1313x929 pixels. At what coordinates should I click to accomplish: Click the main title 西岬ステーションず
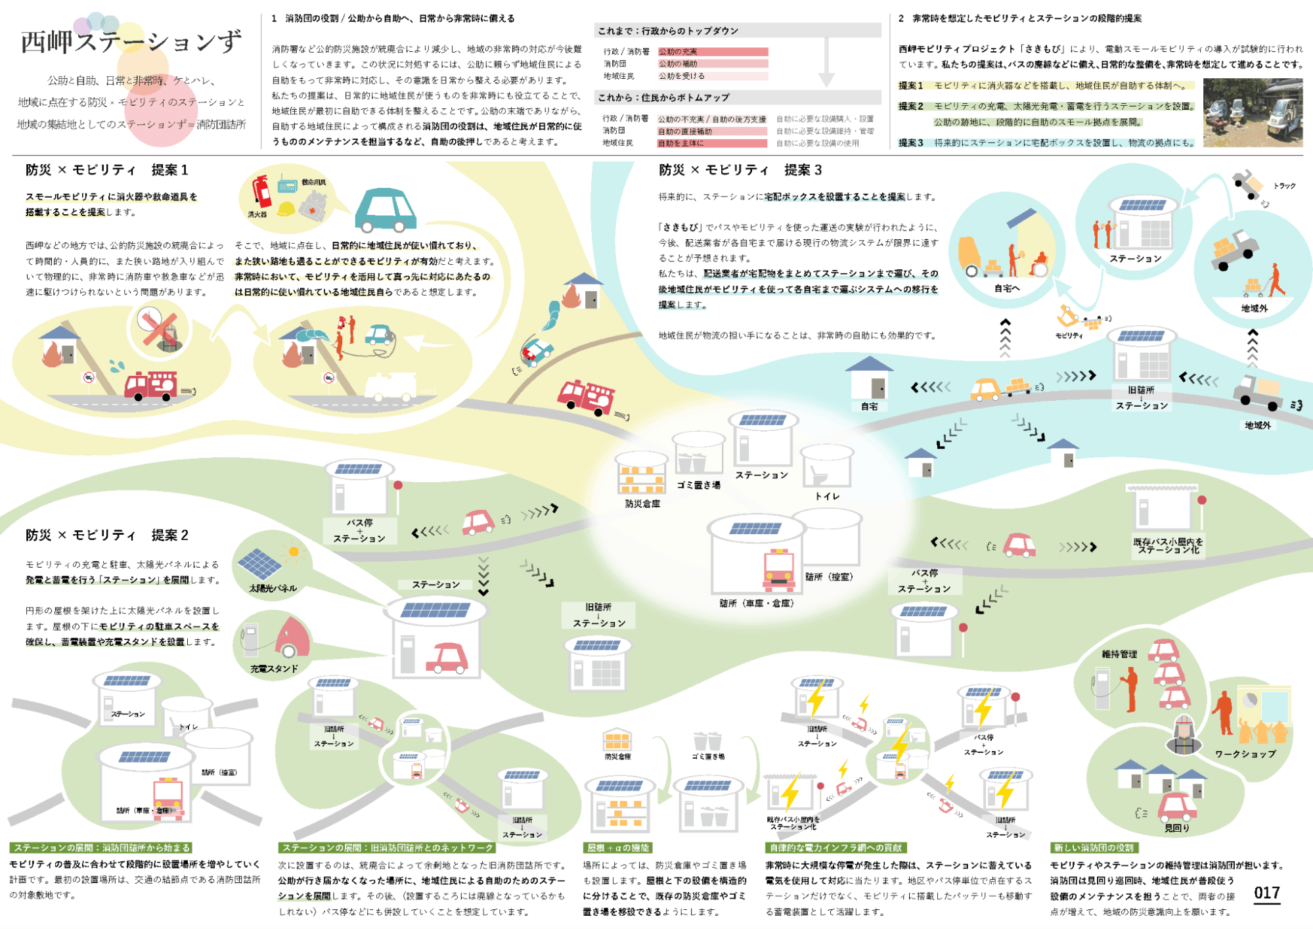point(131,42)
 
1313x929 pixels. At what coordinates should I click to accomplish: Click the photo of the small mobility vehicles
point(1253,112)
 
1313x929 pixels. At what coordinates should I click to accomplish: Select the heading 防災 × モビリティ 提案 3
point(740,170)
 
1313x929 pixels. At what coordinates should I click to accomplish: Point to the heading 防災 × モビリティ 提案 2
point(107,535)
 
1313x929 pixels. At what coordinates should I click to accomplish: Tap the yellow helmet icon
point(286,209)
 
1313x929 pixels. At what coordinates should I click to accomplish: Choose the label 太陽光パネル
point(273,588)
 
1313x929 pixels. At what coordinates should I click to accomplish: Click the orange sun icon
point(294,551)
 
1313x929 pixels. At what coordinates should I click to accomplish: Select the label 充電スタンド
point(274,668)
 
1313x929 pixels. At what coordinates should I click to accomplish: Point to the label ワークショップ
point(1245,754)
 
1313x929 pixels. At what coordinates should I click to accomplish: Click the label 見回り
point(1176,828)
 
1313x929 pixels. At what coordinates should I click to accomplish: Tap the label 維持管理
point(1119,654)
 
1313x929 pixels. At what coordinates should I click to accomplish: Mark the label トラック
point(1284,186)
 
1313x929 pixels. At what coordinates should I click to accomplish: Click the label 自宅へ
point(1006,288)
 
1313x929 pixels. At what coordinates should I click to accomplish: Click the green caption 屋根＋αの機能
point(617,848)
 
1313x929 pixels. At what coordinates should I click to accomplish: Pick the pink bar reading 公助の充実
point(713,52)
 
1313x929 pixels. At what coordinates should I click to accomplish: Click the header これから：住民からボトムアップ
point(663,98)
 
